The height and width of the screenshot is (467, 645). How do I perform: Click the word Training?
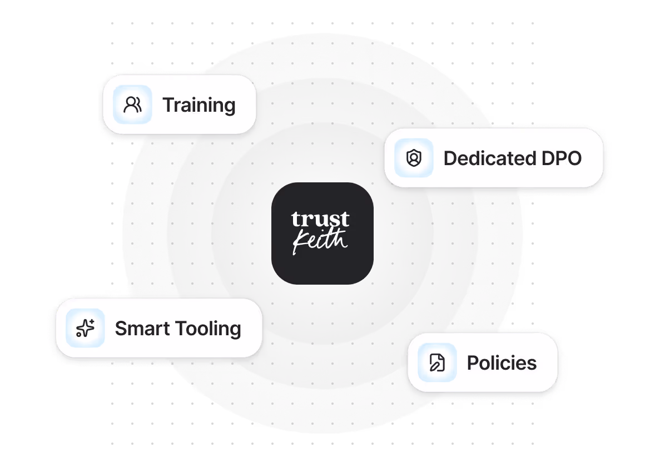pyautogui.click(x=199, y=105)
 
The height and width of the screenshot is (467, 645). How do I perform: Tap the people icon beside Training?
pyautogui.click(x=132, y=105)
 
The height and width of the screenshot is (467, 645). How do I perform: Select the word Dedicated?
pyautogui.click(x=482, y=158)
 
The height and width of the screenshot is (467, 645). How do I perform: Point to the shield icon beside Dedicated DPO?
pyautogui.click(x=414, y=158)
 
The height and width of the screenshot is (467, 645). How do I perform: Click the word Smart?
pyautogui.click(x=143, y=329)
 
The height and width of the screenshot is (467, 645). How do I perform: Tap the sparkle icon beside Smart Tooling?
pyautogui.click(x=85, y=329)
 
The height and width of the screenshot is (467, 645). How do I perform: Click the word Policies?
pyautogui.click(x=502, y=363)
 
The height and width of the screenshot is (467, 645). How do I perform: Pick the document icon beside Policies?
pyautogui.click(x=437, y=363)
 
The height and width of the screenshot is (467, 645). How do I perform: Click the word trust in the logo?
pyautogui.click(x=320, y=219)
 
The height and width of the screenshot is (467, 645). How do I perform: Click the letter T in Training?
pyautogui.click(x=168, y=105)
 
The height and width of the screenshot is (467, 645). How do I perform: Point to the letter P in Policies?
pyautogui.click(x=473, y=363)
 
